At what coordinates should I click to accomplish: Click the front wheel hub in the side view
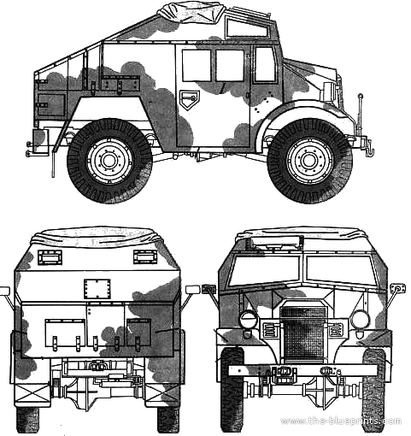pyautogui.click(x=309, y=161)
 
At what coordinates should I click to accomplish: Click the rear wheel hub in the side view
pyautogui.click(x=109, y=161)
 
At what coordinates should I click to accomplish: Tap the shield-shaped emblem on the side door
pyautogui.click(x=189, y=99)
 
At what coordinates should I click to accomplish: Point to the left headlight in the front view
pyautogui.click(x=248, y=320)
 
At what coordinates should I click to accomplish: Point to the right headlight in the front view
pyautogui.click(x=359, y=320)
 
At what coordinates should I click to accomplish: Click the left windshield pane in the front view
pyautogui.click(x=264, y=268)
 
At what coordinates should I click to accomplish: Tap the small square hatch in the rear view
pyautogui.click(x=97, y=289)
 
